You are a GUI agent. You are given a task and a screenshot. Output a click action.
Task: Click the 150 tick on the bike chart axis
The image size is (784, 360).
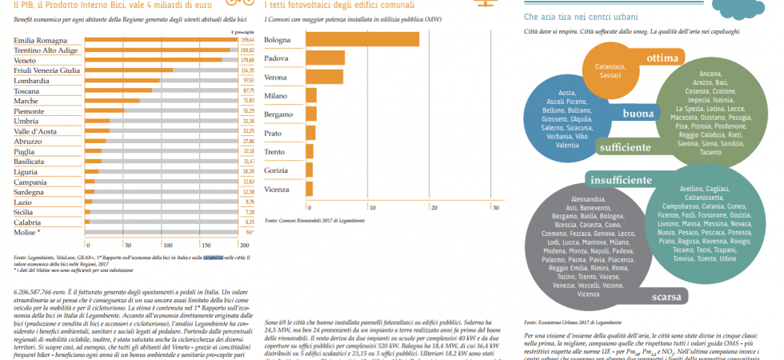tap(202, 245)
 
